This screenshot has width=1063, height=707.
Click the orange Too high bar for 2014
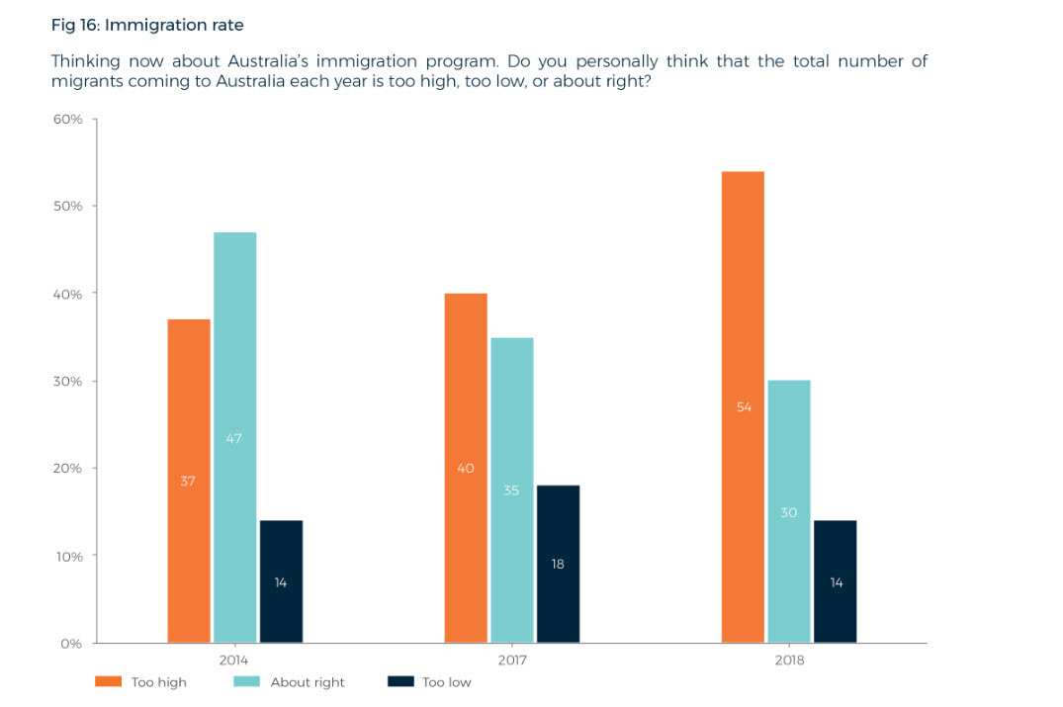tap(189, 481)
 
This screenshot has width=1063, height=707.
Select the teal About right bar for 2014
tap(234, 437)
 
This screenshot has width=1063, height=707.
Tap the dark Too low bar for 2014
tap(281, 581)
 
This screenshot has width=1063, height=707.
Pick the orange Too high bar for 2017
tap(466, 468)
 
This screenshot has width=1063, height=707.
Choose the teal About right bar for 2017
tap(511, 489)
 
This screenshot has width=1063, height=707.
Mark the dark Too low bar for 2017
tap(558, 564)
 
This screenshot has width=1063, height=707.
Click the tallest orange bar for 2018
tap(743, 406)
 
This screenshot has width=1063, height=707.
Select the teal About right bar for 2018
tap(788, 511)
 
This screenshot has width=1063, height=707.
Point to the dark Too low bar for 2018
tap(836, 581)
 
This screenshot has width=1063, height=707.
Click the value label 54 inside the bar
tap(745, 406)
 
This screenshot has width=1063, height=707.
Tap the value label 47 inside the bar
tap(234, 438)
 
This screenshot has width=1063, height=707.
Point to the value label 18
tap(558, 564)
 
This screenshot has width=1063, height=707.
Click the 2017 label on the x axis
tap(511, 659)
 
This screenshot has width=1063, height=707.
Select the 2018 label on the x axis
tap(788, 659)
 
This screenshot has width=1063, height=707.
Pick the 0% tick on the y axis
tap(71, 643)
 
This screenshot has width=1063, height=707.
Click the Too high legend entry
tap(140, 682)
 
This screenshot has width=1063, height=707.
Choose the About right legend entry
tap(289, 682)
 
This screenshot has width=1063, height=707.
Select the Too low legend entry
tap(428, 682)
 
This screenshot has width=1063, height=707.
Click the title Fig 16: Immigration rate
tap(146, 25)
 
